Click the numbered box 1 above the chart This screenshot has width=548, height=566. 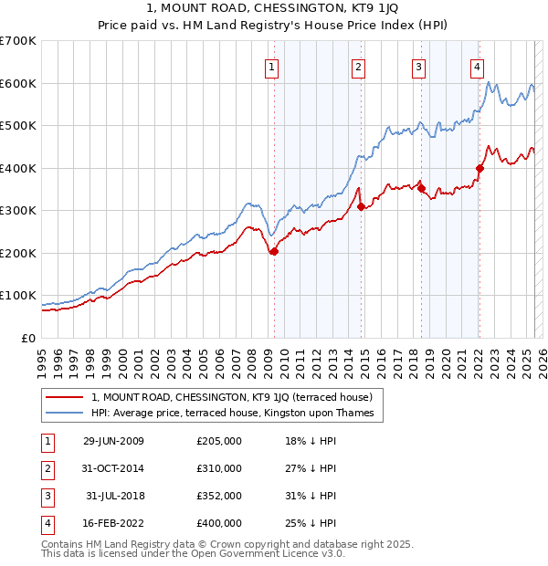(272, 66)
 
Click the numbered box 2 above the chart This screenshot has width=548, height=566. (358, 66)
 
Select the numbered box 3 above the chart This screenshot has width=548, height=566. (418, 66)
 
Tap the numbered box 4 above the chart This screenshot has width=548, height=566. (477, 66)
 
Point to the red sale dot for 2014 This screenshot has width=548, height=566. (361, 206)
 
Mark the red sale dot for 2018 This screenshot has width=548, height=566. (421, 188)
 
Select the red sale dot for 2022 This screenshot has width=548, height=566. (479, 168)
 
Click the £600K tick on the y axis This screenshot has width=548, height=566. (18, 83)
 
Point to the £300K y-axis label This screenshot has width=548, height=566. (18, 210)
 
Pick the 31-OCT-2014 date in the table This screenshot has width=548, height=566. (113, 468)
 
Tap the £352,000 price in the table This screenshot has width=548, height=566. (219, 496)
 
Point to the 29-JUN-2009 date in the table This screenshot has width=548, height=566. (113, 441)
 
